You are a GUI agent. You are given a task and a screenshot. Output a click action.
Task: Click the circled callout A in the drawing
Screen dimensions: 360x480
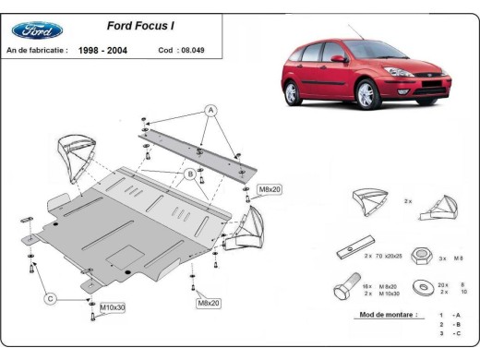210,110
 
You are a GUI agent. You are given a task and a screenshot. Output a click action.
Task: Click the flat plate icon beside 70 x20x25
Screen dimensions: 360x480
350,248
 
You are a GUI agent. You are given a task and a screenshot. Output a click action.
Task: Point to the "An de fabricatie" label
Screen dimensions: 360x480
36,51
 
